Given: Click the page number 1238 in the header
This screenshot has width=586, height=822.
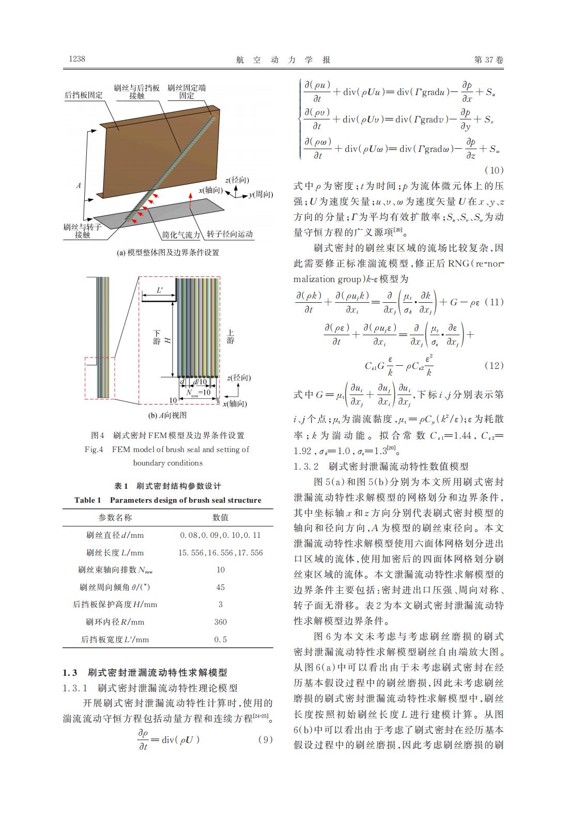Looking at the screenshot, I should tap(77, 59).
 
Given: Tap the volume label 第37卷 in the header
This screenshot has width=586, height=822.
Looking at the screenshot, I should tap(488, 60).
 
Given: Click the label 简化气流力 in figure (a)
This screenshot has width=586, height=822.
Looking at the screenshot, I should tap(180, 234).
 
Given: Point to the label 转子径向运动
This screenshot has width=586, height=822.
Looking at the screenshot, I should tap(230, 234).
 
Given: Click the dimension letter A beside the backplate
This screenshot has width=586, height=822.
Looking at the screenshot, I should tap(79, 185).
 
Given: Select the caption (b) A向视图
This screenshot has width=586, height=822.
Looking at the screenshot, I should tap(167, 415).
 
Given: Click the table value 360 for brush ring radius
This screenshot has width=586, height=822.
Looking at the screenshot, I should tap(220, 622).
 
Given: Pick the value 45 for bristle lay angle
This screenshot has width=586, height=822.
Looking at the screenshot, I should tap(220, 587).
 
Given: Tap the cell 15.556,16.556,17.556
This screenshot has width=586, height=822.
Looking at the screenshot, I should tap(220, 552).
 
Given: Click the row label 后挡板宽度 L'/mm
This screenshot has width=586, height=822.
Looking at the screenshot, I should tap(115, 639).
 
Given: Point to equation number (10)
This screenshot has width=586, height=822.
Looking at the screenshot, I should tap(494, 170).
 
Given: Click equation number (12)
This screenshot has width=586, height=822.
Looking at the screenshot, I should tap(494, 365).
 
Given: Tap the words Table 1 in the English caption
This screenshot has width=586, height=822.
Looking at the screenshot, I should tap(87, 500).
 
